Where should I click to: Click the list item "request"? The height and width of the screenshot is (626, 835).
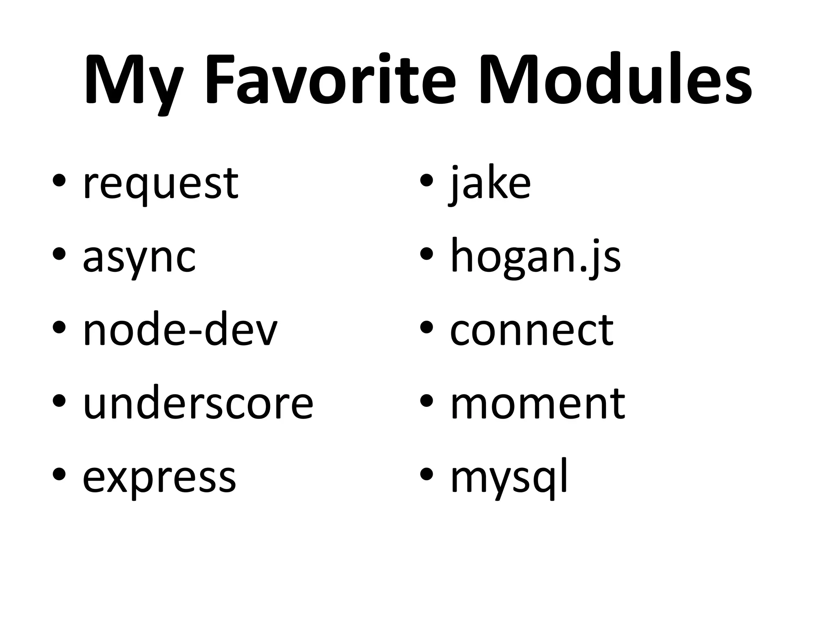pyautogui.click(x=161, y=184)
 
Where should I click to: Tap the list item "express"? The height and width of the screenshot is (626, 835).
pyautogui.click(x=159, y=478)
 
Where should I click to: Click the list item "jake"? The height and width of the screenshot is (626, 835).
pyautogui.click(x=490, y=184)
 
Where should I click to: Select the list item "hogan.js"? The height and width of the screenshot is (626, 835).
pyautogui.click(x=535, y=258)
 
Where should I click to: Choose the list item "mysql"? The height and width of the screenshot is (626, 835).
pyautogui.click(x=509, y=478)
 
